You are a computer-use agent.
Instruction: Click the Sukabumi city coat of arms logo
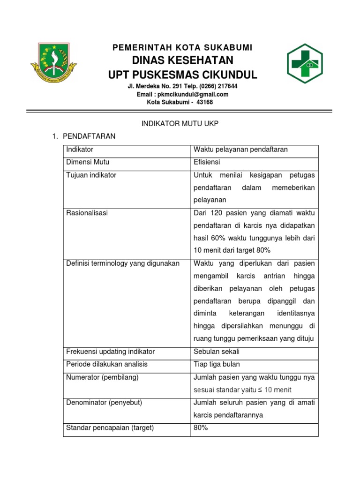click(x=54, y=61)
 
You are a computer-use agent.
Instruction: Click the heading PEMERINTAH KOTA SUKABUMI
click(x=182, y=47)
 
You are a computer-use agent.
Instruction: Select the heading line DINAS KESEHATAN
click(x=182, y=60)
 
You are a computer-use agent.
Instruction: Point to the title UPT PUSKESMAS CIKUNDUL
click(x=182, y=75)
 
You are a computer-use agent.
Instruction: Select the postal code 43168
click(x=204, y=102)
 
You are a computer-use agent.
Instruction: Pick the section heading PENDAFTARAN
click(x=89, y=136)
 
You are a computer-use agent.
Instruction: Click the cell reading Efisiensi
click(x=207, y=162)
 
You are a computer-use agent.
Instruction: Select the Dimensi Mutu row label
click(x=88, y=162)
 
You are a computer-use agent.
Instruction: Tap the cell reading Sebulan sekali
click(x=216, y=352)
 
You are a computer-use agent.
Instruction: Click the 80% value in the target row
click(x=201, y=427)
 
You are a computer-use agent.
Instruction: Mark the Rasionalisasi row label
click(x=87, y=213)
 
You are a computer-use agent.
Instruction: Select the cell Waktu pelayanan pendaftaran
click(x=240, y=150)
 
